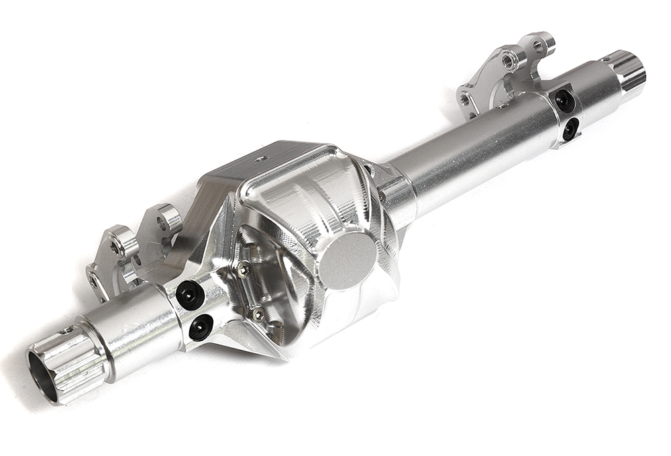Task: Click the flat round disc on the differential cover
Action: click(348, 261)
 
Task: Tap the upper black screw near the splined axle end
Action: click(190, 294)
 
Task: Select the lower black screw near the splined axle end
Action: click(201, 327)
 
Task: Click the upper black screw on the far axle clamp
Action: click(564, 101)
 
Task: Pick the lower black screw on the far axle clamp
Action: click(570, 128)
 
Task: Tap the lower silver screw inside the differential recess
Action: click(258, 313)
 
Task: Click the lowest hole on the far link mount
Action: click(464, 99)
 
